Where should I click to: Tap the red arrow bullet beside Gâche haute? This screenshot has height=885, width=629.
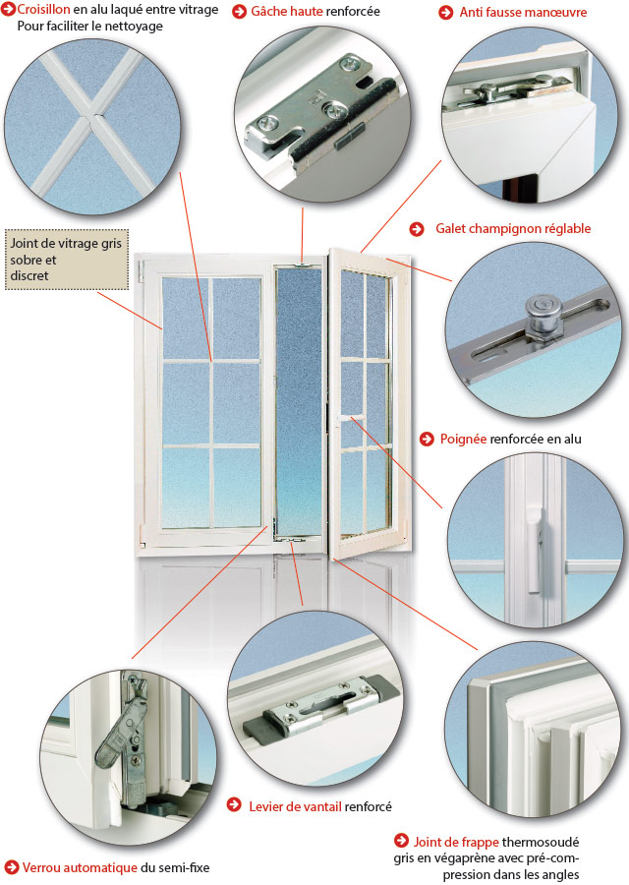239,12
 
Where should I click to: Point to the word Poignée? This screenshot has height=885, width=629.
463,439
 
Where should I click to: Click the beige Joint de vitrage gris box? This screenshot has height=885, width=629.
66,260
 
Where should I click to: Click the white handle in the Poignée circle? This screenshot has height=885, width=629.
535,556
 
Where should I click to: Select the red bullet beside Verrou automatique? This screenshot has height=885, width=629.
11,867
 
